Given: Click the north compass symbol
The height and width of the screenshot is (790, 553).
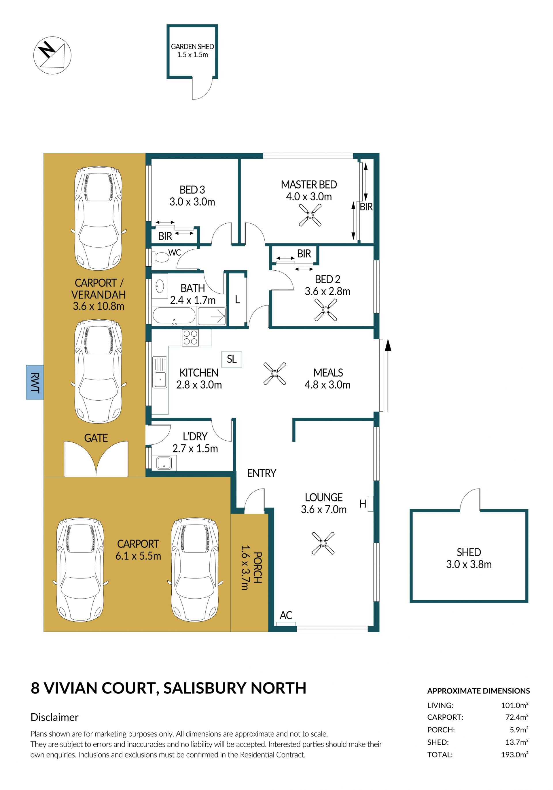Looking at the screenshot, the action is (52, 55).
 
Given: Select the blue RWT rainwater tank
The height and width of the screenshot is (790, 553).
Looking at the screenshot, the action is (35, 382).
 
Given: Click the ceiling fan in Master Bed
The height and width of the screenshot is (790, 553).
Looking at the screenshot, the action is (310, 215).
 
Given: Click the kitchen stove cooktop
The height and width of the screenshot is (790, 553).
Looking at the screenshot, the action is (190, 338).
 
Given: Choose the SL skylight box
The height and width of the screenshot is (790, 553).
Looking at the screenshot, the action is (232, 359).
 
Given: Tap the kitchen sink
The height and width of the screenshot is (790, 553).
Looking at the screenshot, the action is (160, 372).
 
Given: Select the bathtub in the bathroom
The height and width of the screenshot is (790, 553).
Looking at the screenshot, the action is (174, 315).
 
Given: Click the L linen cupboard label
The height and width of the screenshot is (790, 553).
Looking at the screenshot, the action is (237, 300).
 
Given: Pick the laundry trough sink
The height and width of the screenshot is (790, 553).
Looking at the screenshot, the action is (164, 463).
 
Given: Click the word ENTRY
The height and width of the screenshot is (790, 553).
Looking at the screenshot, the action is (262, 474).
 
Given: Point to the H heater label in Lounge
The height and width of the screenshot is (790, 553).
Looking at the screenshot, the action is (363, 504).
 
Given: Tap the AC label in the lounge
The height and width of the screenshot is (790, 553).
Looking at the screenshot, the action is (286, 615).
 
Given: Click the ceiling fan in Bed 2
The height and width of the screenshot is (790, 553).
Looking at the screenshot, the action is (325, 310).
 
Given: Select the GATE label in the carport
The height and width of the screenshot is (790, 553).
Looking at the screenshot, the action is (96, 438).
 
